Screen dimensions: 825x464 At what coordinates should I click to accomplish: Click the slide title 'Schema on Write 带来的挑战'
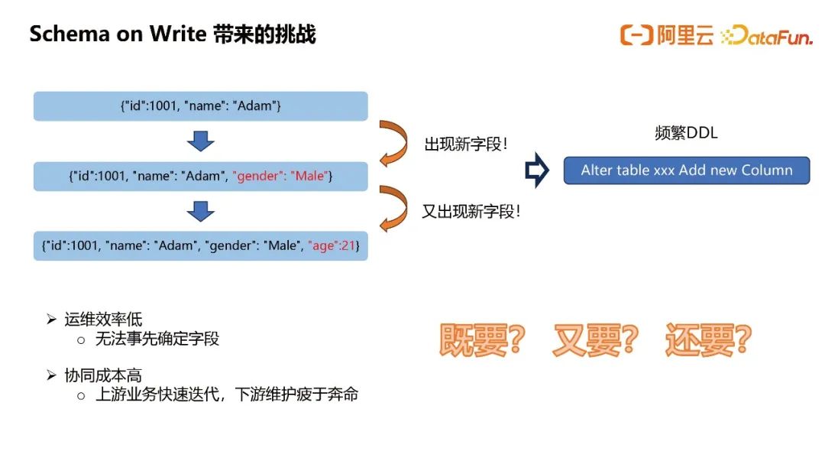click(173, 34)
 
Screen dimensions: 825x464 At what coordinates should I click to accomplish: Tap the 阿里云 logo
click(667, 34)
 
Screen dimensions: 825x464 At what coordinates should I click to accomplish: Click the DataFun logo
click(767, 35)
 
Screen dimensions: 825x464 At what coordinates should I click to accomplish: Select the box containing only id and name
click(200, 105)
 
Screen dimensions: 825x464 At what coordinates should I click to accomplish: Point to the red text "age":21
click(332, 245)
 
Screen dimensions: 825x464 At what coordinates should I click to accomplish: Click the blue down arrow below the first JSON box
click(200, 141)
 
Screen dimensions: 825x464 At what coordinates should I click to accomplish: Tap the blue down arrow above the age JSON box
click(200, 211)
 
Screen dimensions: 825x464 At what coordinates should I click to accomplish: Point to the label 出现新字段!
click(466, 144)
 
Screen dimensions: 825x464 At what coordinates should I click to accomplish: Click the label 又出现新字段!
click(471, 211)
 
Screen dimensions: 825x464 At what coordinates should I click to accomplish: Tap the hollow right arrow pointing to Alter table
click(537, 170)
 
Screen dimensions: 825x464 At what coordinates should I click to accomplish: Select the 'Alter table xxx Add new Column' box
click(687, 170)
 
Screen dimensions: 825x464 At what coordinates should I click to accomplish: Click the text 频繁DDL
click(686, 133)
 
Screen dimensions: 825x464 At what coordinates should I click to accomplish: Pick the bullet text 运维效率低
click(103, 320)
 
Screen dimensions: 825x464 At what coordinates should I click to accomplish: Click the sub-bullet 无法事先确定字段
click(157, 339)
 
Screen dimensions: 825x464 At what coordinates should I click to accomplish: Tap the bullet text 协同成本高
click(103, 375)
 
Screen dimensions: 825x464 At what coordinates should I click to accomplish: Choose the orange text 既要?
click(482, 339)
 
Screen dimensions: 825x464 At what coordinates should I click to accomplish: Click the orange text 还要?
click(708, 339)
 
